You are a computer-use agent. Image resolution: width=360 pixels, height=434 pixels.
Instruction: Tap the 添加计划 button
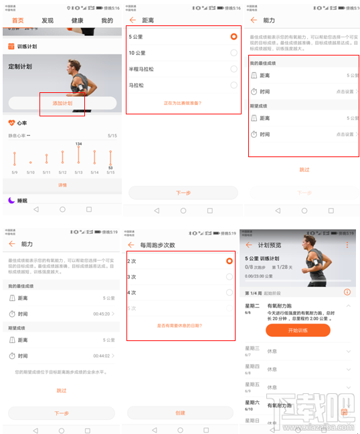[x=62, y=103]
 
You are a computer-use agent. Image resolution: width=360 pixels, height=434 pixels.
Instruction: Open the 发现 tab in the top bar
[x=48, y=21]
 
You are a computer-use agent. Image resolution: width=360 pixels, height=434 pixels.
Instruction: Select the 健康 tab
[x=78, y=21]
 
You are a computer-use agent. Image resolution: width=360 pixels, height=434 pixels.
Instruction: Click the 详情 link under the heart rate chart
[x=62, y=185]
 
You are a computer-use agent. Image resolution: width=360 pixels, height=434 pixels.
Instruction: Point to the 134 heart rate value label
[x=78, y=144]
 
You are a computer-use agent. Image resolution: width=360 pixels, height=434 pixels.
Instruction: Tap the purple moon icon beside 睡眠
[x=11, y=200]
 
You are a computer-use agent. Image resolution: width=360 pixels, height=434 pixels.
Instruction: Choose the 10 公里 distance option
[x=137, y=52]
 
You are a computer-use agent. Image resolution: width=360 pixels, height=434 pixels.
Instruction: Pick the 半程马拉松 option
[x=142, y=69]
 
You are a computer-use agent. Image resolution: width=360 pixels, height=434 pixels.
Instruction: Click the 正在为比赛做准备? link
[x=182, y=103]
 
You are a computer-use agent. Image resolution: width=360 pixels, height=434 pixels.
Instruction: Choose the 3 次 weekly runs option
[x=132, y=276]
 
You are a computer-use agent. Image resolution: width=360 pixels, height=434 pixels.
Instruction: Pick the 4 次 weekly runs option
[x=132, y=292]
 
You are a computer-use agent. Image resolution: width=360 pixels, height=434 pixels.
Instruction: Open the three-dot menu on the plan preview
[x=347, y=245]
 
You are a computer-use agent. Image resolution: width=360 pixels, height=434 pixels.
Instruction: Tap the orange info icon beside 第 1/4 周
[x=347, y=292]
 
